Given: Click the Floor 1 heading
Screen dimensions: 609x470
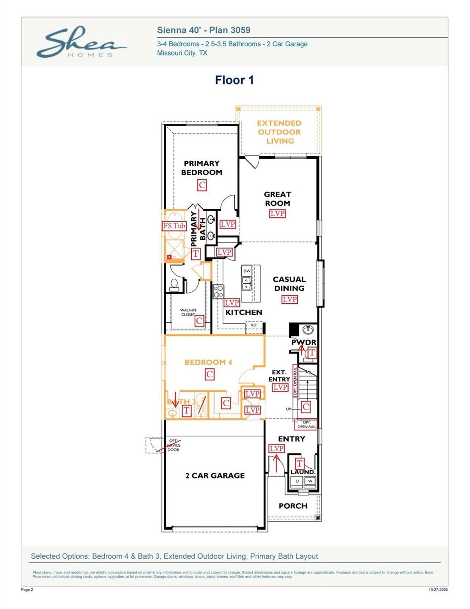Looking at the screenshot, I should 234,80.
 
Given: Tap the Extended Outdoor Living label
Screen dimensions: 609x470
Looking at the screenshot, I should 279,132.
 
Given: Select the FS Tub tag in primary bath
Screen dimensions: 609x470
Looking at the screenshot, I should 174,226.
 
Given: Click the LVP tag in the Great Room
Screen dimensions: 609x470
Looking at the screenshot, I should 277,213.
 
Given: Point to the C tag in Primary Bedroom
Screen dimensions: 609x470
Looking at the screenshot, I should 202,185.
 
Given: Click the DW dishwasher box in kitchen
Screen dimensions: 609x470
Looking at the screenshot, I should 247,271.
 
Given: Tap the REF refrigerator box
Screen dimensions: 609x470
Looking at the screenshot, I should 254,325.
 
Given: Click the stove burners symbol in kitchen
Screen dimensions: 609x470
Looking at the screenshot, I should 218,291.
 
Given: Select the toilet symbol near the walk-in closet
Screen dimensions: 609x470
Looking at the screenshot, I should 174,284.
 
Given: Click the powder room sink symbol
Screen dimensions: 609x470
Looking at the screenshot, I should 308,329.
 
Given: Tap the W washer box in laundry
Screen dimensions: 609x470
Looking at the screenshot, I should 310,481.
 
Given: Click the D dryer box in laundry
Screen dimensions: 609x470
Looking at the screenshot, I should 297,481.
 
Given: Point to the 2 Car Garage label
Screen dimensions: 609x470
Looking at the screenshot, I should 215,475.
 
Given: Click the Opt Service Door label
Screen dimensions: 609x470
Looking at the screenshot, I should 173,445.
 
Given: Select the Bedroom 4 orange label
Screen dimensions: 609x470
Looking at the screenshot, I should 208,362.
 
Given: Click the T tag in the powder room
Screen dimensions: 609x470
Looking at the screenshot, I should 312,353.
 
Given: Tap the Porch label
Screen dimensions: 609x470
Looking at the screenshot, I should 293,506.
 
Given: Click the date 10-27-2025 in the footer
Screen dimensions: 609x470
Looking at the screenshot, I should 438,590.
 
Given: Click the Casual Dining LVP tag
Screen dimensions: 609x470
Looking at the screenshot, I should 289,299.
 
